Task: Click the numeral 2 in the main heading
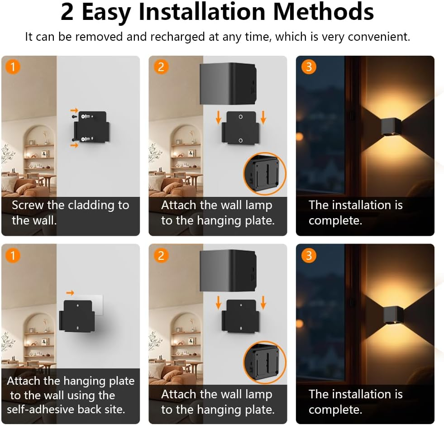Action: pos(67,13)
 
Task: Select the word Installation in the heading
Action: pos(201,13)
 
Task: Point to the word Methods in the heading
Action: pos(323,13)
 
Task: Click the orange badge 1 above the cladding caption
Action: pos(13,67)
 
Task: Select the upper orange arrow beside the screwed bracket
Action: pos(74,110)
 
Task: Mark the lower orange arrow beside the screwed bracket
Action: pos(74,145)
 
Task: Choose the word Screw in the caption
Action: pos(28,205)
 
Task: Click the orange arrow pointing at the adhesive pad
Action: pos(70,293)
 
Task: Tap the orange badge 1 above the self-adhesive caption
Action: pos(13,256)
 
